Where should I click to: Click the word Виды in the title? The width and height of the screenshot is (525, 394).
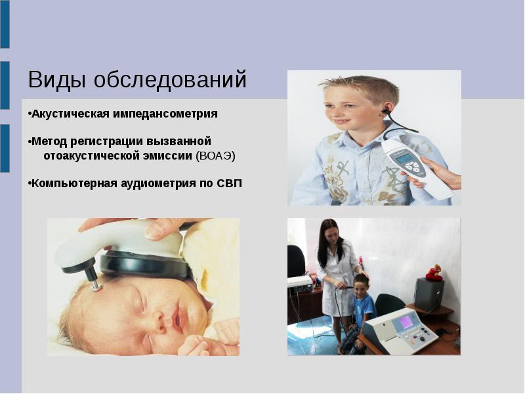coord(57,79)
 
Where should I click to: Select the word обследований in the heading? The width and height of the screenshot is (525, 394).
coord(170,79)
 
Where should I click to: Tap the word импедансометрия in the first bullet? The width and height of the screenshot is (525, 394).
coord(165,114)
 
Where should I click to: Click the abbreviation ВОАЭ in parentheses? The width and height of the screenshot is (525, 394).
coord(216,156)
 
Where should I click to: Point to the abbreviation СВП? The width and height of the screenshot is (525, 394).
coord(229,184)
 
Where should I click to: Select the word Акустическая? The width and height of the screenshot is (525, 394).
coord(70,114)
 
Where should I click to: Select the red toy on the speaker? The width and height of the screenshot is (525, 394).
coord(434,273)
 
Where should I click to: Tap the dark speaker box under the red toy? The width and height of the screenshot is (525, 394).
coord(429,295)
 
